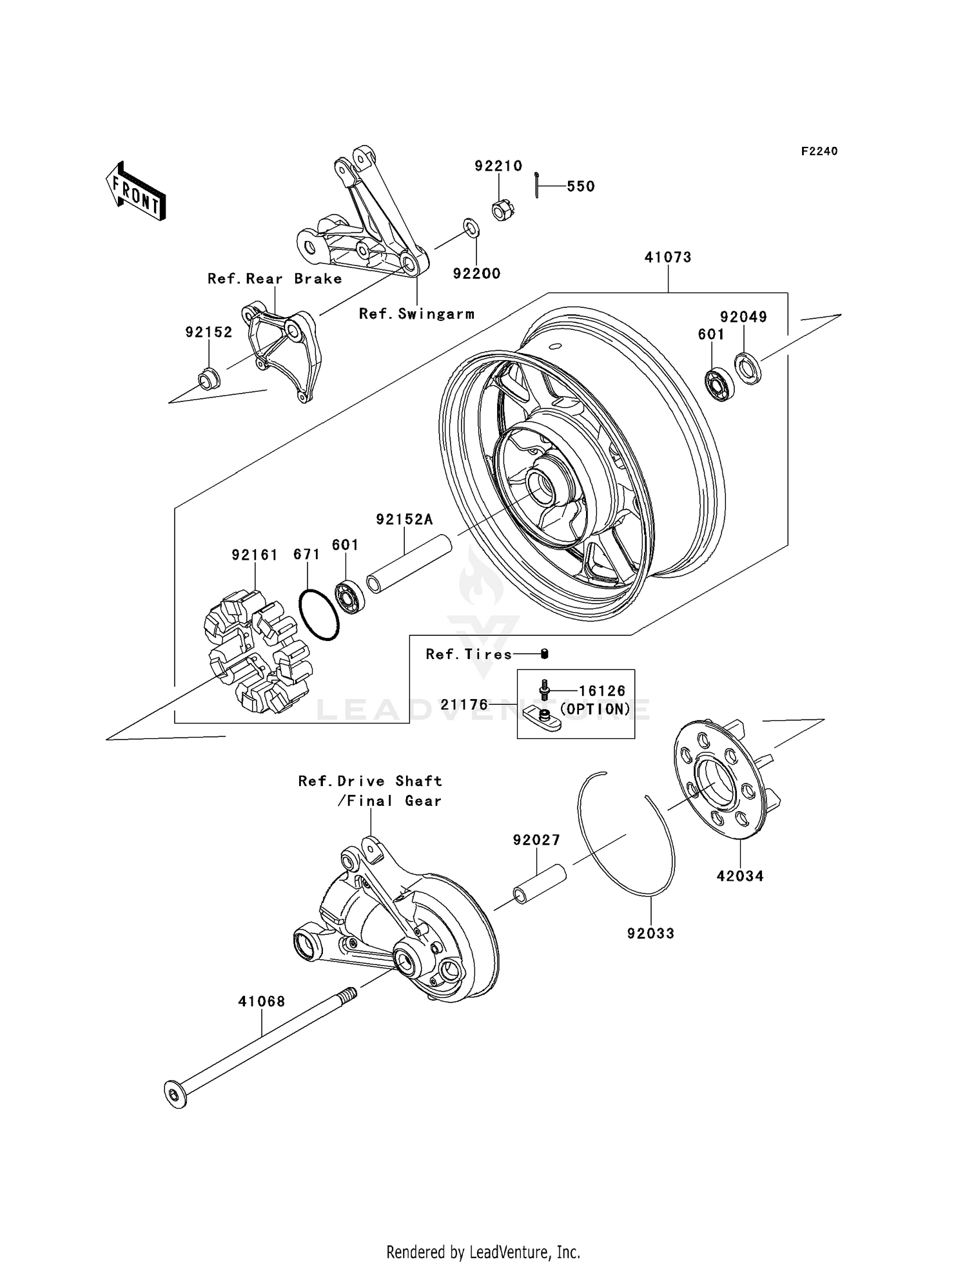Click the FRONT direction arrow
[135, 192]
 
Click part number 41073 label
[668, 257]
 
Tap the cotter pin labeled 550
[536, 185]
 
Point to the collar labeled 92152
[208, 378]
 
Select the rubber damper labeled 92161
[258, 651]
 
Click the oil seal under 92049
[748, 369]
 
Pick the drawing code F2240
[819, 151]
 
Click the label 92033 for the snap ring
[650, 933]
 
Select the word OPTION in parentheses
[595, 709]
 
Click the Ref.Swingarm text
[416, 314]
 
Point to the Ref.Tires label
[469, 654]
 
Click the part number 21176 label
[464, 705]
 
